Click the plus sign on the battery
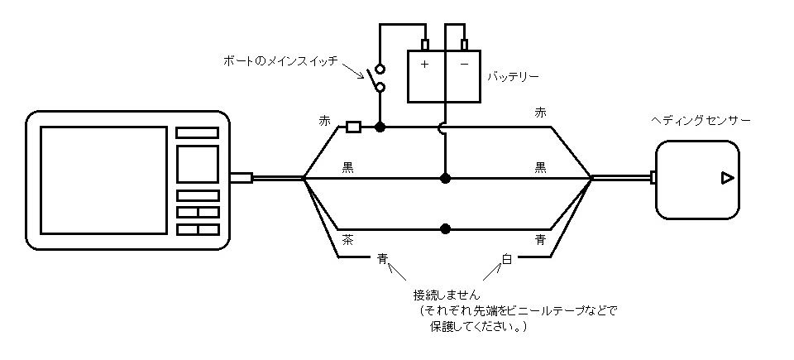click(x=424, y=65)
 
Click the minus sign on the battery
click(x=465, y=65)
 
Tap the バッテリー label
click(x=513, y=77)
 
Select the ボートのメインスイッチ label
click(x=281, y=61)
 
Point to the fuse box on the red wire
click(x=353, y=127)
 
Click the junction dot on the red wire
click(x=380, y=127)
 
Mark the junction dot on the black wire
click(x=445, y=178)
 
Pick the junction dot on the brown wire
click(x=445, y=228)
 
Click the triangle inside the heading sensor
click(x=725, y=178)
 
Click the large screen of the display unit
click(x=103, y=180)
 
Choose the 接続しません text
click(x=447, y=295)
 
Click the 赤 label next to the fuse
click(x=324, y=121)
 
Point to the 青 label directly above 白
click(x=540, y=240)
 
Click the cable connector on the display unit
click(x=241, y=178)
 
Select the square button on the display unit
click(x=198, y=164)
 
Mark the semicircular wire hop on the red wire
click(x=445, y=127)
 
